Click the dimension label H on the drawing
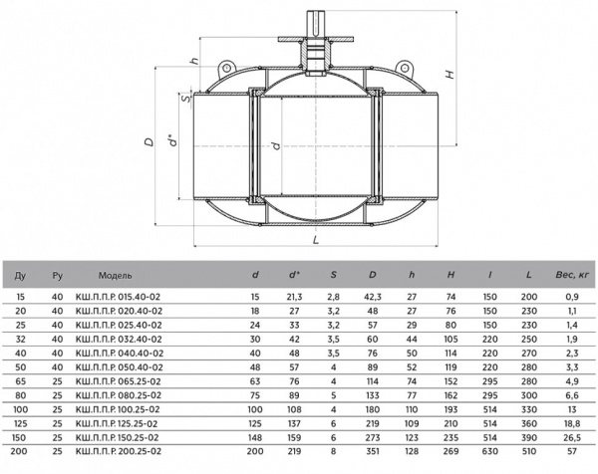point(450,74)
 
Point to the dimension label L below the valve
point(316,240)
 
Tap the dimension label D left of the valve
point(149,141)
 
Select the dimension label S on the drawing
point(185,99)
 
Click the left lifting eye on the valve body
point(226,68)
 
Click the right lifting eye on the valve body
point(404,68)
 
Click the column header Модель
point(116,276)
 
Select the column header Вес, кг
point(572,275)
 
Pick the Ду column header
point(20,275)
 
